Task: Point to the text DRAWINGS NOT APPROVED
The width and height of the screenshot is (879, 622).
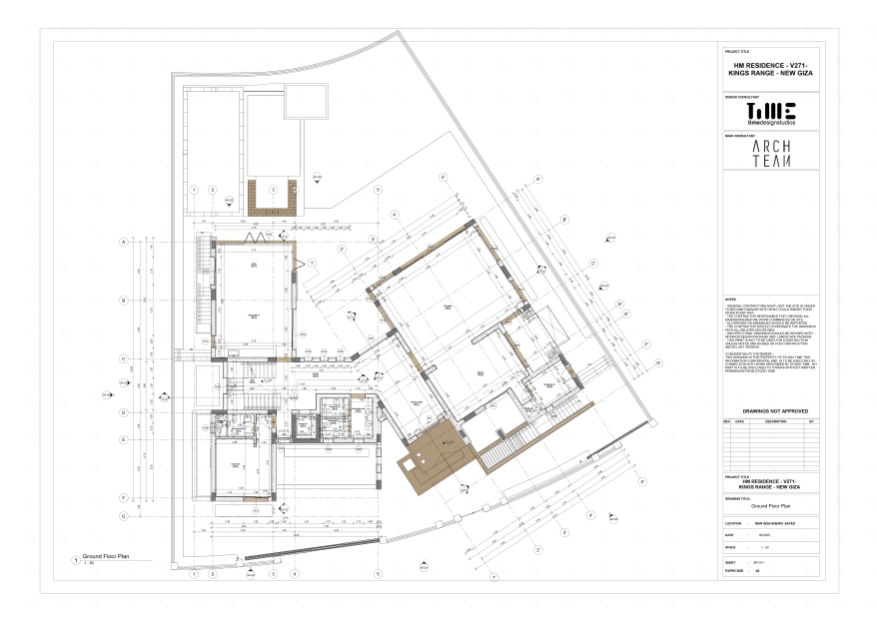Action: click(x=771, y=411)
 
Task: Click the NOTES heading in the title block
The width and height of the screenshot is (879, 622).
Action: click(x=729, y=300)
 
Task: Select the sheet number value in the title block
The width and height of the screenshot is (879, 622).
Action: click(x=761, y=563)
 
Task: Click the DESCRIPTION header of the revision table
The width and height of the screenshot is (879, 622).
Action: click(x=775, y=421)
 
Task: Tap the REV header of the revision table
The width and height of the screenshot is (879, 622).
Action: click(x=728, y=421)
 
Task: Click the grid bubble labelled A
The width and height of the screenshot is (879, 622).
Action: click(x=123, y=242)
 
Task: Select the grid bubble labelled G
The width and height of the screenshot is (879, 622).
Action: click(x=123, y=515)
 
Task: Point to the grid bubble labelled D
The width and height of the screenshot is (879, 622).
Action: click(x=123, y=411)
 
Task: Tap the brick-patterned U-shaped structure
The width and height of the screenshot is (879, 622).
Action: click(x=272, y=200)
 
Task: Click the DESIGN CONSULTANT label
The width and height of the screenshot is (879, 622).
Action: click(x=740, y=97)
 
